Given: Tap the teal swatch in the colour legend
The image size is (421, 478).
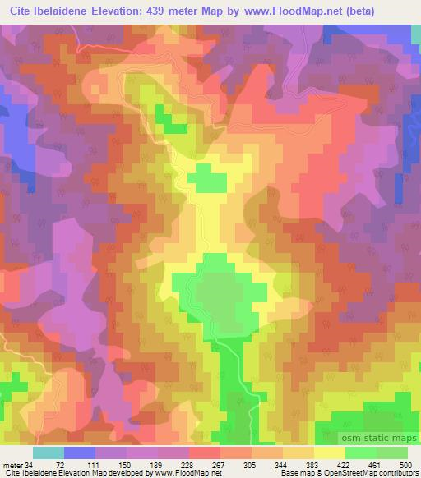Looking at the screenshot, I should click(x=48, y=453).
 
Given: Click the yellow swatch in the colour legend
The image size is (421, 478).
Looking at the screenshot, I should click(x=329, y=453).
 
